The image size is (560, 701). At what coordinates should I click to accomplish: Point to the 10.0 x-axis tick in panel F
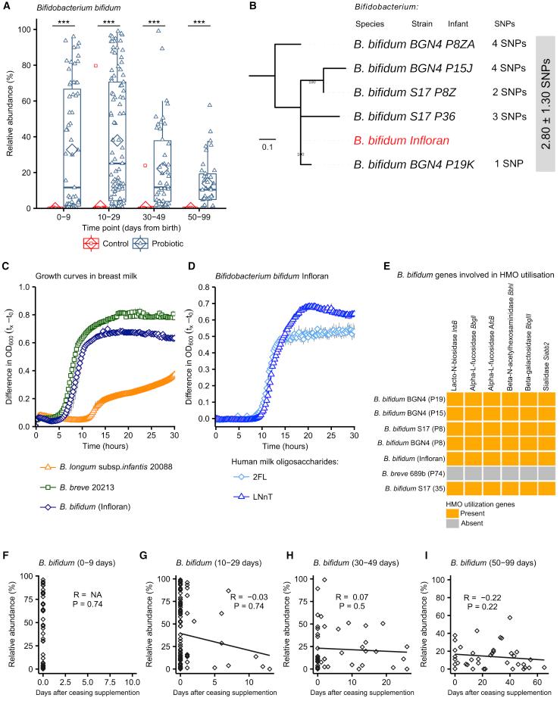tap(132, 678)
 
